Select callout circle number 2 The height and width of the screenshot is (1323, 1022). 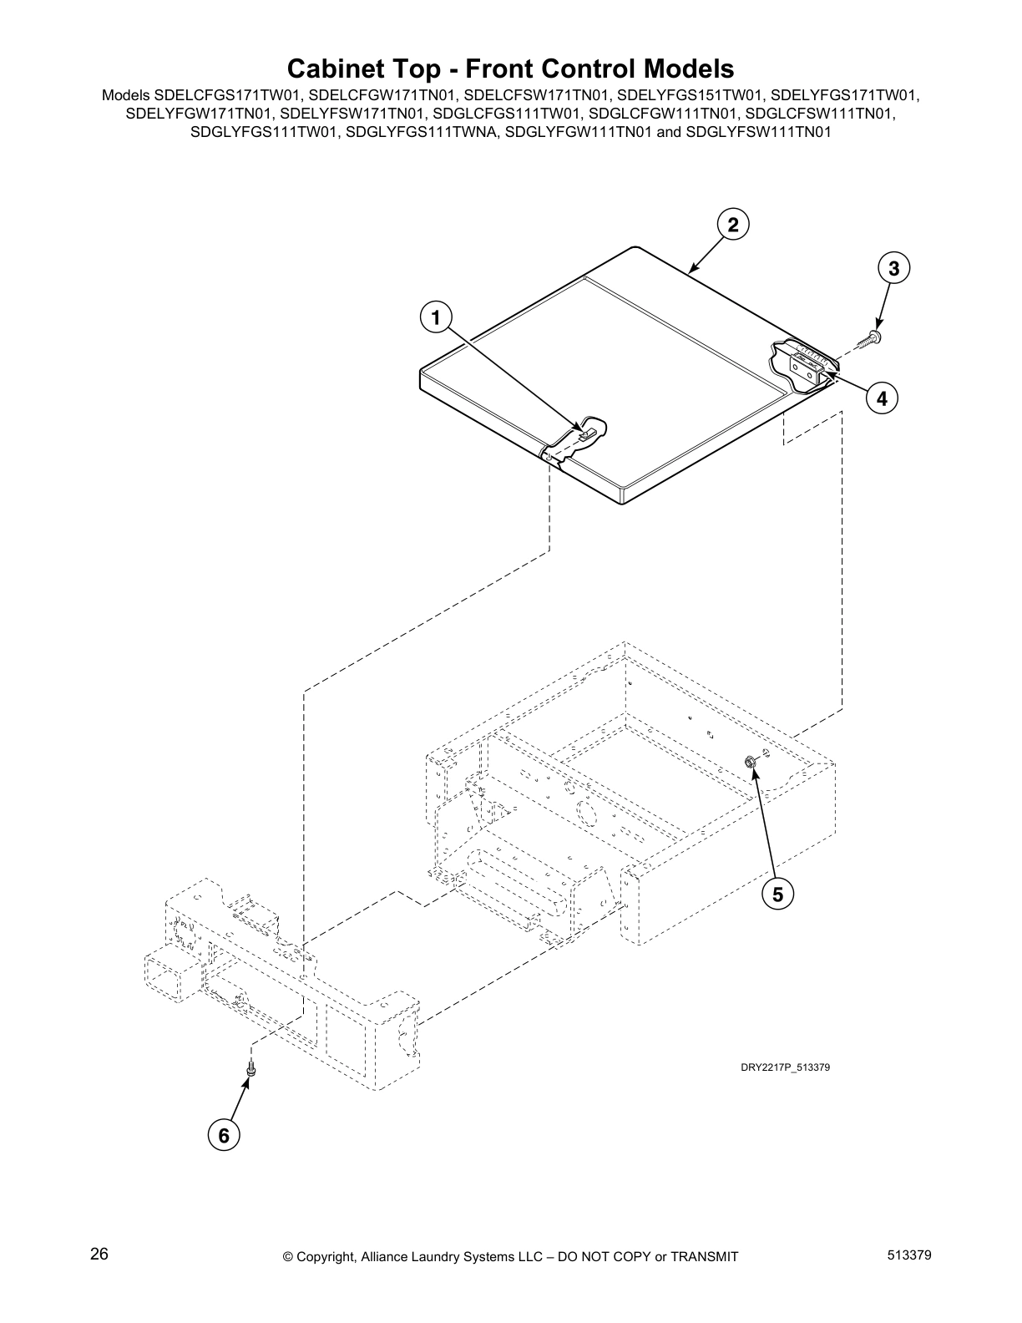point(732,225)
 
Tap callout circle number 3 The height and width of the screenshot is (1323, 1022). point(893,268)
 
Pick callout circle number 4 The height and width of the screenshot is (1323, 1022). point(881,398)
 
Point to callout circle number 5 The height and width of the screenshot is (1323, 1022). point(777,895)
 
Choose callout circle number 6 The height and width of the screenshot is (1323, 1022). point(223,1136)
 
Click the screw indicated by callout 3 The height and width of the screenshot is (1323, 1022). point(873,337)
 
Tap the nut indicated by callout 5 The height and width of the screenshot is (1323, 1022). point(750,760)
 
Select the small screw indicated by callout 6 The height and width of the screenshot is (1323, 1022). point(250,1069)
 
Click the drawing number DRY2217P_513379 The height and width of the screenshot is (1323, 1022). point(785,1067)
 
